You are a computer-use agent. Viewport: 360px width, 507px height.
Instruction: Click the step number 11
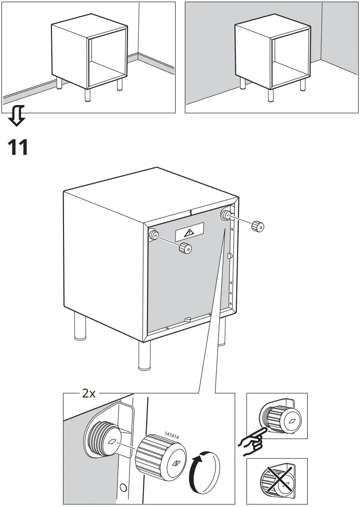(18, 147)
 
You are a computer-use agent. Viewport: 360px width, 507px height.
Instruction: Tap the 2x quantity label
(89, 394)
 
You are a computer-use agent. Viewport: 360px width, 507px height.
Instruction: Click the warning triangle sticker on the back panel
(190, 232)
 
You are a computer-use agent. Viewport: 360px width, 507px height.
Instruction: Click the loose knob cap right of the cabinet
(257, 227)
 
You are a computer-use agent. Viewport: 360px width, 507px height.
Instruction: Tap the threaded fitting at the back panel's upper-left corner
(153, 235)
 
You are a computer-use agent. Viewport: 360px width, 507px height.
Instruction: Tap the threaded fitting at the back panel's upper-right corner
(226, 214)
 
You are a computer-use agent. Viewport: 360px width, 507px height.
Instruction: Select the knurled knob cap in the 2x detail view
(161, 458)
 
